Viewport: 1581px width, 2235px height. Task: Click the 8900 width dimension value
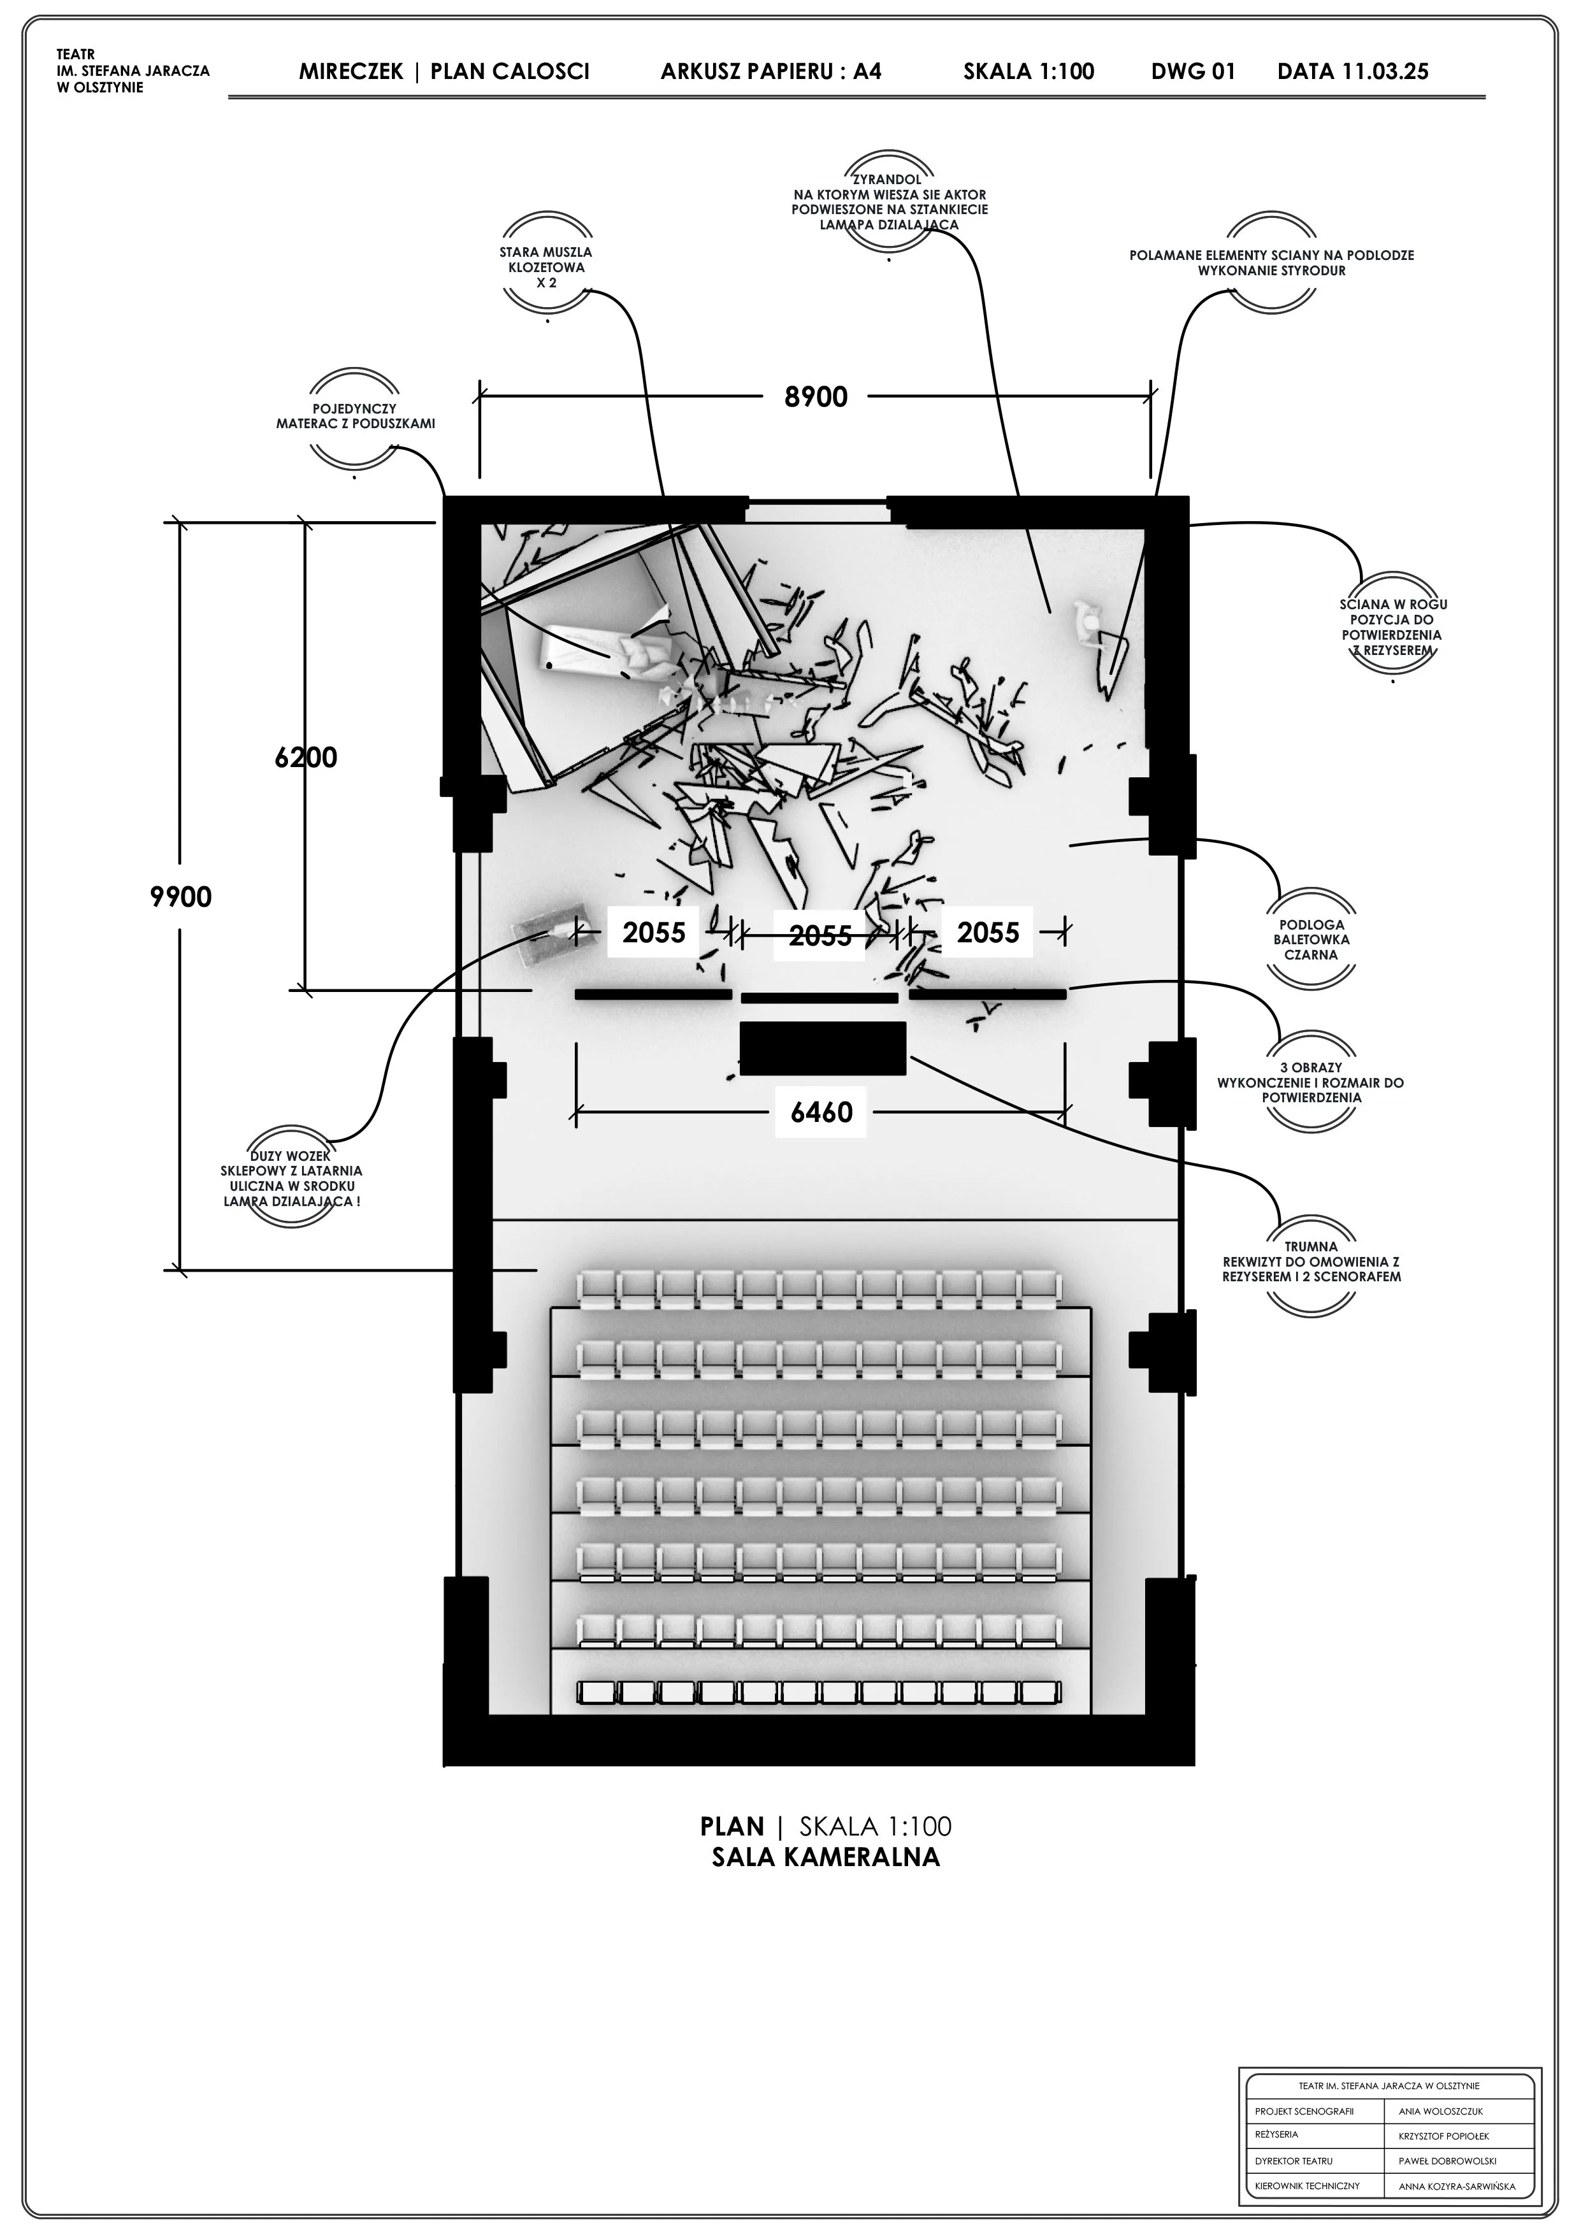click(816, 397)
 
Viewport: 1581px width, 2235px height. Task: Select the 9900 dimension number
click(181, 896)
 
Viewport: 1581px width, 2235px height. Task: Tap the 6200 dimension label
click(306, 758)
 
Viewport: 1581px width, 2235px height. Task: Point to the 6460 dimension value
click(821, 1112)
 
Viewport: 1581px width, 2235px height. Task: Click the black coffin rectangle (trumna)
click(823, 1049)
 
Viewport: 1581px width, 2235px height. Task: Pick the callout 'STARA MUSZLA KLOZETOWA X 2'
click(545, 268)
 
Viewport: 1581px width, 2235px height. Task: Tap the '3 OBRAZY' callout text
click(1310, 1067)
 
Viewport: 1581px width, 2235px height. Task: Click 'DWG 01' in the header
click(1192, 71)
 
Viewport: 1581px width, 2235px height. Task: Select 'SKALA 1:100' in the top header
click(1029, 71)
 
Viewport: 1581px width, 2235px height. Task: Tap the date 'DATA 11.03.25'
click(1352, 71)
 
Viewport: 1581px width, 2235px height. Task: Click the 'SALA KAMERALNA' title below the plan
click(825, 1857)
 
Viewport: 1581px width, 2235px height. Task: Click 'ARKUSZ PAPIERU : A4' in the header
click(771, 71)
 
